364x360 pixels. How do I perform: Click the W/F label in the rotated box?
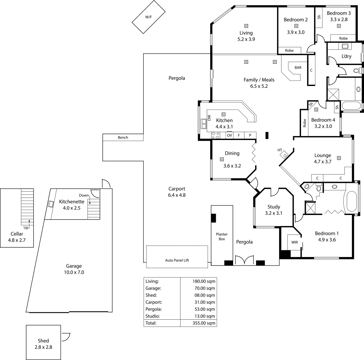[x=149, y=16]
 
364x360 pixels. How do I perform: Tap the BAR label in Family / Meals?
[x=298, y=67]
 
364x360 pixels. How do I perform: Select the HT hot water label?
[x=280, y=150]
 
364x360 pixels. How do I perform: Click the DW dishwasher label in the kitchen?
[x=209, y=118]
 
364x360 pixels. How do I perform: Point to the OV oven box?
[x=229, y=135]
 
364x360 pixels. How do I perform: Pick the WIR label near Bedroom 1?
[x=294, y=242]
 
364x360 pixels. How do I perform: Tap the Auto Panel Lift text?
[x=177, y=260]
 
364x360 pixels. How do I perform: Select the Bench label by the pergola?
[x=123, y=137]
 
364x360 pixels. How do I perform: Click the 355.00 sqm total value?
[x=204, y=323]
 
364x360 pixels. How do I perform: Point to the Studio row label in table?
[x=153, y=316]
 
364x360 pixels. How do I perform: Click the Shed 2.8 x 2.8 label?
[x=43, y=344]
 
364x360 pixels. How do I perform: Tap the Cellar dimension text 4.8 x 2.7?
[x=17, y=240]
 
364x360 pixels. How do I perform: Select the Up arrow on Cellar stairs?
[x=29, y=222]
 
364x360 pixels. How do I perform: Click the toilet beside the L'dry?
[x=356, y=71]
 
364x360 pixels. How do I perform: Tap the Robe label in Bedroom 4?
[x=304, y=123]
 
